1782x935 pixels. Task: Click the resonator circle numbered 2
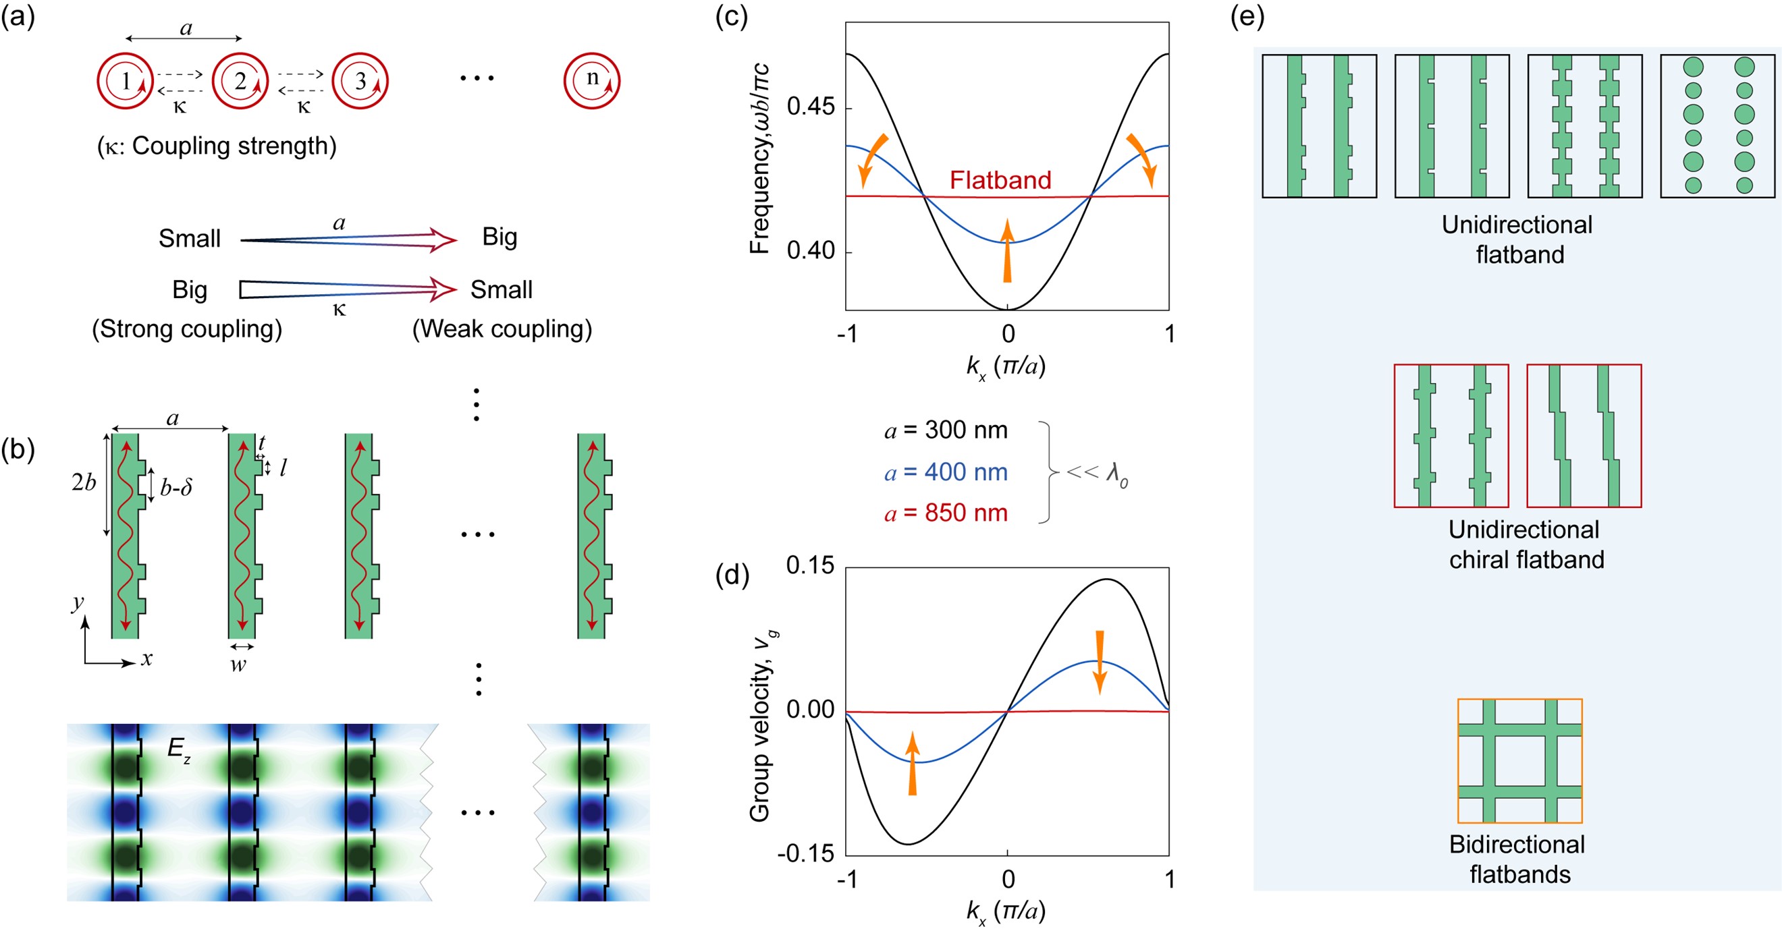(240, 81)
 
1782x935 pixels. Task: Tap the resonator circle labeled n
(591, 80)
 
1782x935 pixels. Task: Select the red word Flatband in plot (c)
(1000, 180)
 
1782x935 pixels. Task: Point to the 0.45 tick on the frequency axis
(810, 107)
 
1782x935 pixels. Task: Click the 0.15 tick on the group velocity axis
(810, 566)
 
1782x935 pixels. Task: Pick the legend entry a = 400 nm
(946, 472)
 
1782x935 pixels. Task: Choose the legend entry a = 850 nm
(946, 513)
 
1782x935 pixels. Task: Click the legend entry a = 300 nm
(946, 430)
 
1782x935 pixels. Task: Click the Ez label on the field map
(178, 749)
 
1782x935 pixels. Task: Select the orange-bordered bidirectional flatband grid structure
(1520, 761)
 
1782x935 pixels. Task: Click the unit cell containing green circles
(1718, 126)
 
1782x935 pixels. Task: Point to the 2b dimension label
(84, 482)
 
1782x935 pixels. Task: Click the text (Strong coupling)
(187, 329)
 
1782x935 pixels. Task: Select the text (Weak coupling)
(502, 329)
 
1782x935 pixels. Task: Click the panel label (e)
(1247, 16)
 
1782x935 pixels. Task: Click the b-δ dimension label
(175, 488)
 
